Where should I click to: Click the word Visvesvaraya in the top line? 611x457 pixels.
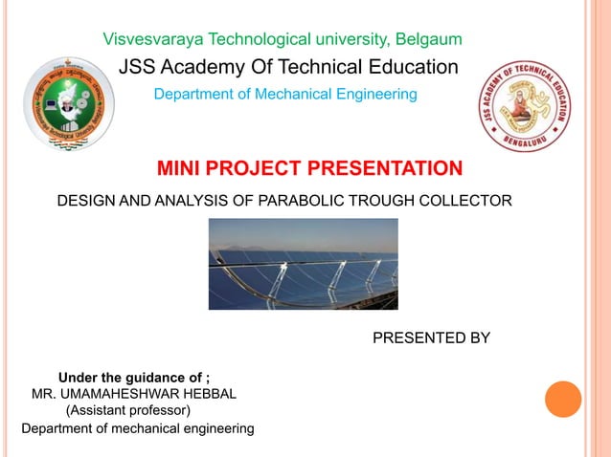(148, 40)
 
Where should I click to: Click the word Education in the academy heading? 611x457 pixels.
(415, 67)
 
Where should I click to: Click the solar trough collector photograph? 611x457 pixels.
(303, 264)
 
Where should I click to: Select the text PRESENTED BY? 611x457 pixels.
(430, 337)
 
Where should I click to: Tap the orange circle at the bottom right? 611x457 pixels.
(563, 399)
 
